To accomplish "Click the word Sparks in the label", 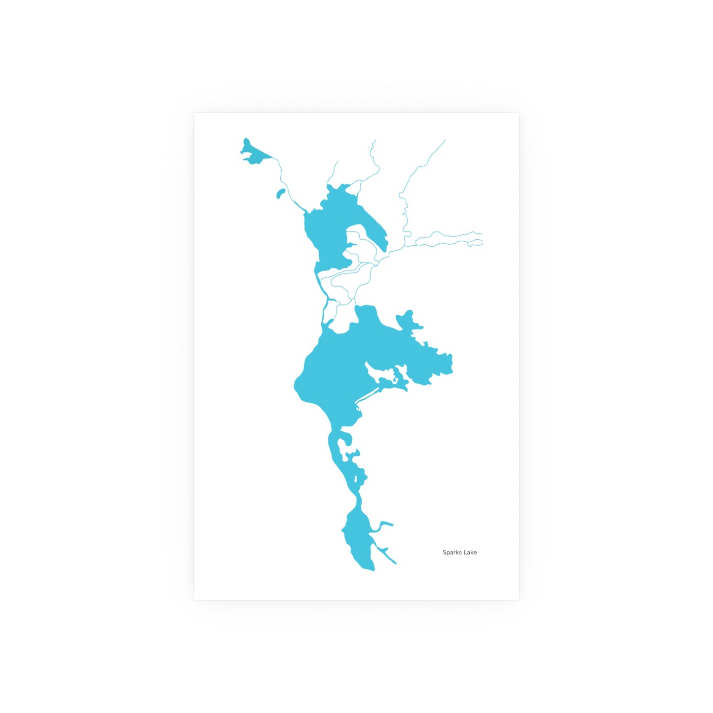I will click(x=451, y=553).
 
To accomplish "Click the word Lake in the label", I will click(x=470, y=553).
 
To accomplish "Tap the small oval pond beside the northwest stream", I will click(x=280, y=193).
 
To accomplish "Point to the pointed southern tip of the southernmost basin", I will click(x=373, y=570).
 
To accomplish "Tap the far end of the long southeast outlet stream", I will click(x=395, y=563).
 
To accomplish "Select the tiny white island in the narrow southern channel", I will click(x=356, y=480).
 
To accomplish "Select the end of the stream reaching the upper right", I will click(x=445, y=141).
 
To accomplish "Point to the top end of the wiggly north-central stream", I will click(x=375, y=141).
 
